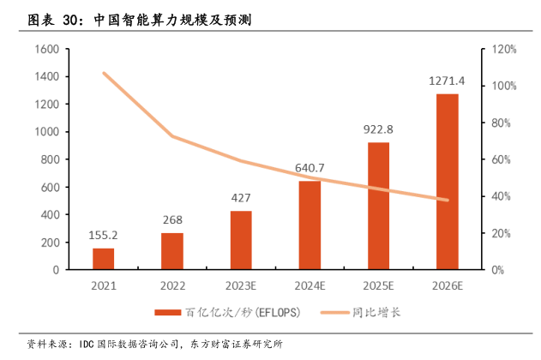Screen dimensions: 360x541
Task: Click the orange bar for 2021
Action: pos(104,259)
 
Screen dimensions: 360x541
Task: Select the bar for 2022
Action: pos(172,251)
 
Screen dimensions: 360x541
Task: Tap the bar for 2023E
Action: pos(241,240)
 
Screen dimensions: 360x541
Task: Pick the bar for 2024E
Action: pos(310,225)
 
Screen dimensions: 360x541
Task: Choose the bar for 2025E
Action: pos(378,206)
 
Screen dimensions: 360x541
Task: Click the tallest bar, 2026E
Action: pos(447,182)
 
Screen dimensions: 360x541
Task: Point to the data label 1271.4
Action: pos(447,81)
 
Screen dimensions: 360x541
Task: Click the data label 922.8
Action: pos(378,129)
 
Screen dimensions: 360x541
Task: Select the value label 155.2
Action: pos(104,234)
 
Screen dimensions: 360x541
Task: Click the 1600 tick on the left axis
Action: pos(45,50)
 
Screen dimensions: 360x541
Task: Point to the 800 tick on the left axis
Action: pos(49,159)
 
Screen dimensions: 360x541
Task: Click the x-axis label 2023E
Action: pos(241,285)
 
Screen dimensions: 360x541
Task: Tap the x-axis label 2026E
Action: pos(447,285)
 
